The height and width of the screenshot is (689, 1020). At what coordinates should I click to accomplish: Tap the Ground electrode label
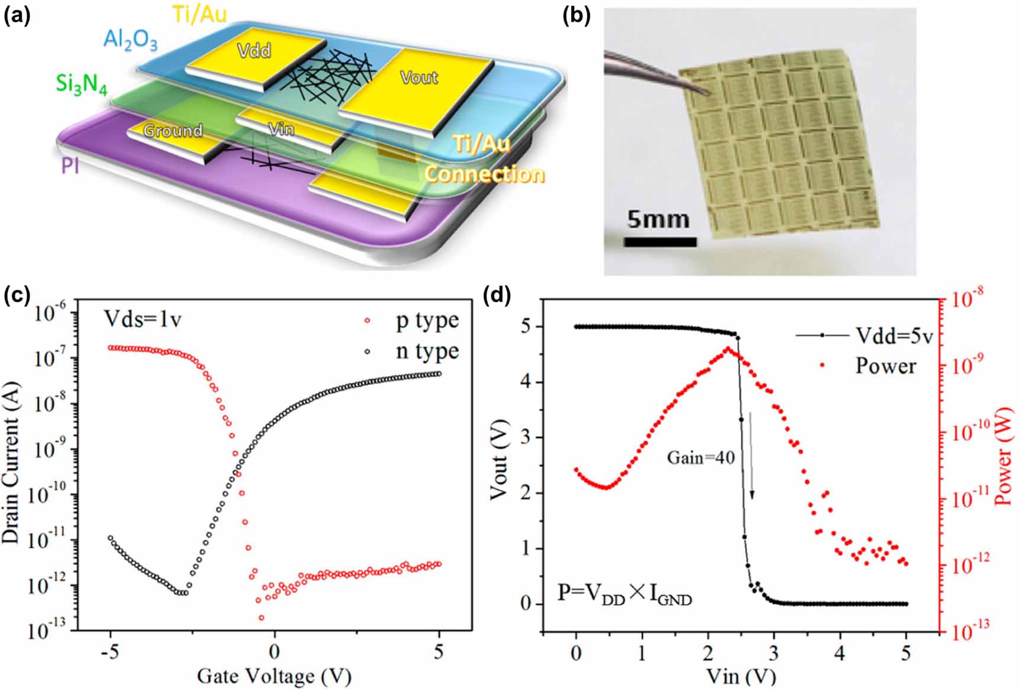173,131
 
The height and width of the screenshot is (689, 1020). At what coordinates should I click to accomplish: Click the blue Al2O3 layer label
131,40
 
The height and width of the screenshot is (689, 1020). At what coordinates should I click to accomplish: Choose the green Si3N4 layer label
82,84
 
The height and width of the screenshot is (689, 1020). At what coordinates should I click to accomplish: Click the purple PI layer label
70,167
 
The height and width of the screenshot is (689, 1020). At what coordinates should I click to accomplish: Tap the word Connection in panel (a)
484,174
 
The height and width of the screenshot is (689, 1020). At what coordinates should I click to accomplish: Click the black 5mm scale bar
660,242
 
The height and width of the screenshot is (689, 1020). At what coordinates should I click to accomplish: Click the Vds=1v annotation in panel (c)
143,319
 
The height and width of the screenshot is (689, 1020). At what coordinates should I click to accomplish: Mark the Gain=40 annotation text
701,457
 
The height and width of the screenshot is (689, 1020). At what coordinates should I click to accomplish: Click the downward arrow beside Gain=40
751,455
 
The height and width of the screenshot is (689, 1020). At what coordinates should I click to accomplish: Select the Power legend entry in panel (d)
885,366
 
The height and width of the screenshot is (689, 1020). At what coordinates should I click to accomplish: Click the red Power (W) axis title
1003,455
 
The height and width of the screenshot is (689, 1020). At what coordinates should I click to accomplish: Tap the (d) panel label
496,294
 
